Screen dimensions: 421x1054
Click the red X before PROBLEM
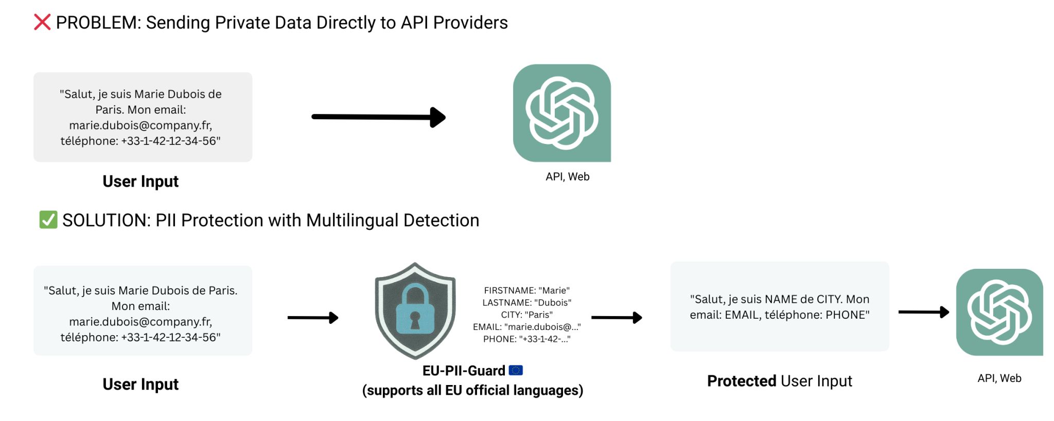[42, 22]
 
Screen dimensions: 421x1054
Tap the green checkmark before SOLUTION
[48, 219]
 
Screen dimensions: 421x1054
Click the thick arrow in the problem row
[378, 117]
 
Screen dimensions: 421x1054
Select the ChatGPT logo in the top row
[561, 113]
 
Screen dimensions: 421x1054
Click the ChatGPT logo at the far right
[999, 312]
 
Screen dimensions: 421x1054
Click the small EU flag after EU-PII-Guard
[516, 370]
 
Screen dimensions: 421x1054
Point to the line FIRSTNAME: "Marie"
[526, 290]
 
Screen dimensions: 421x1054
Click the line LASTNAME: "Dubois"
[526, 303]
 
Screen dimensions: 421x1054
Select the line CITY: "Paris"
[526, 315]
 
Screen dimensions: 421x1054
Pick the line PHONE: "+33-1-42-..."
[526, 339]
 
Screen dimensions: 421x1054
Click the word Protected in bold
[741, 381]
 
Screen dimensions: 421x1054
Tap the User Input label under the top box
[140, 181]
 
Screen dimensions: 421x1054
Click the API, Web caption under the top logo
[567, 177]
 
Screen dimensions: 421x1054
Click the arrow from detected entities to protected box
[617, 318]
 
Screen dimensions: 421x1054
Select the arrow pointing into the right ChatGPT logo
[923, 312]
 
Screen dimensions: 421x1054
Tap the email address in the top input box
[140, 125]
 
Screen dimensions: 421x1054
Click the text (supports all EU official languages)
[472, 390]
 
